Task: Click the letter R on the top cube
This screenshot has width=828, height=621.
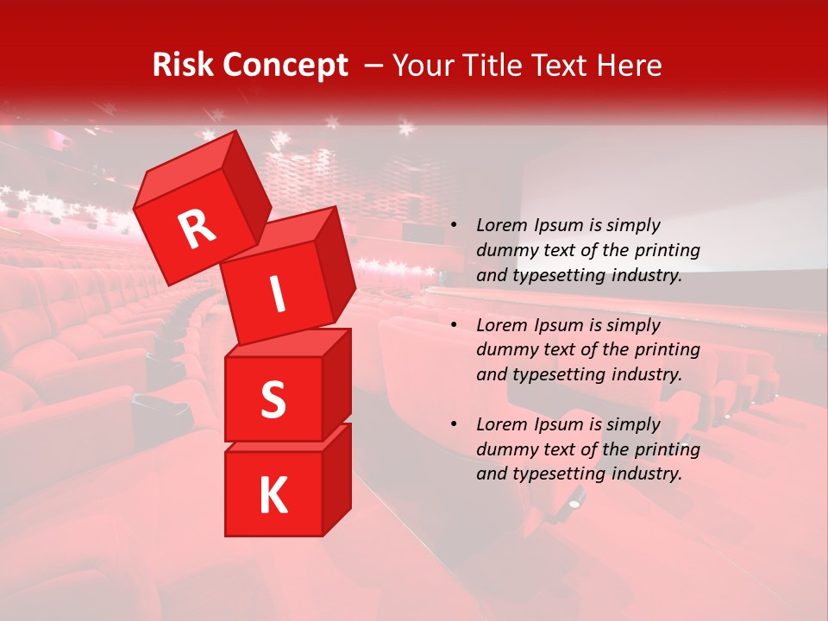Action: [x=198, y=229]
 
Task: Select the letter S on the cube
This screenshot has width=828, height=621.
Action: [x=273, y=398]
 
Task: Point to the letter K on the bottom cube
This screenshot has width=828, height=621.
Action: [x=273, y=495]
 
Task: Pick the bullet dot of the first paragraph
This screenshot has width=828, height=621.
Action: [x=454, y=225]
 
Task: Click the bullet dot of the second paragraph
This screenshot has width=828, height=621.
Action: [x=454, y=325]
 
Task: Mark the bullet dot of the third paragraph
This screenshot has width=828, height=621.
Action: [x=454, y=424]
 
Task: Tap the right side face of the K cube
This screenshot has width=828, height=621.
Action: [x=336, y=480]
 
